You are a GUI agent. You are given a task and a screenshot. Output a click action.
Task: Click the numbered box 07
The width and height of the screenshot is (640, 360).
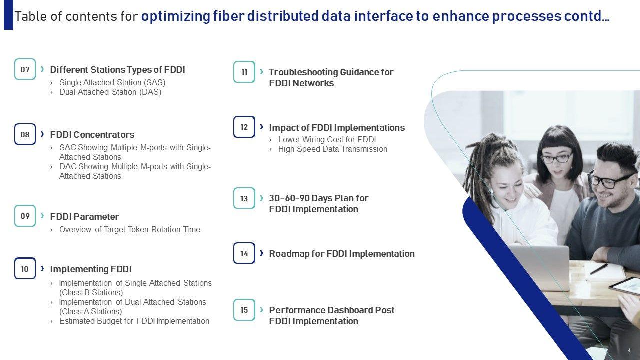(x=25, y=69)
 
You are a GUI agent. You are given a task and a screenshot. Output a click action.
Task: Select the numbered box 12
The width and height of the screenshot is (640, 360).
(x=244, y=127)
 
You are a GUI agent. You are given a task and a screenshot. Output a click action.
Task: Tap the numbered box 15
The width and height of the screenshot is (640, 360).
(x=244, y=310)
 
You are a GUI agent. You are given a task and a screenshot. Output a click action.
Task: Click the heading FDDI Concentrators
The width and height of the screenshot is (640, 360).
(x=92, y=135)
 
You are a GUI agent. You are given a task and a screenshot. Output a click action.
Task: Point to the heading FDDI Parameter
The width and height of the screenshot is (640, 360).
(x=84, y=217)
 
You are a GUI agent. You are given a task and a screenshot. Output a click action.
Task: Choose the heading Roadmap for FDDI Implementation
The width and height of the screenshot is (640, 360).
(x=342, y=253)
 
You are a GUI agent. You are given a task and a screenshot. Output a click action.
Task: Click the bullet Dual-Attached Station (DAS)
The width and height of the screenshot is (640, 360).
(x=110, y=92)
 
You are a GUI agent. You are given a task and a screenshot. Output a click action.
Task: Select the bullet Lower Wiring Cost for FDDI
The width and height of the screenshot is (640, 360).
(x=327, y=139)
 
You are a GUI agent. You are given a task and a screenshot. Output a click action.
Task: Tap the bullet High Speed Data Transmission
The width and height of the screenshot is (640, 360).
(x=333, y=149)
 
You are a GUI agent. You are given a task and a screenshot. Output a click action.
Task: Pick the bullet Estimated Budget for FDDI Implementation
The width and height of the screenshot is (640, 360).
(x=134, y=321)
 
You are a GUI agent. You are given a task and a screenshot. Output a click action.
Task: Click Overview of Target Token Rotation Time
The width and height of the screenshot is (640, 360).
(x=129, y=229)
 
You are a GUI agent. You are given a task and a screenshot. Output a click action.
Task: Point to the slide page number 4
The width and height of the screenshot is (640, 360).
(x=629, y=350)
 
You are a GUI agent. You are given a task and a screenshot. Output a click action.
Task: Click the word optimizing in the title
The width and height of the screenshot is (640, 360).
(x=175, y=16)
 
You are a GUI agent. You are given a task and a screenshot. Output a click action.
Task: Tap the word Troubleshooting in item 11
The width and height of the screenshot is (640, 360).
(x=303, y=72)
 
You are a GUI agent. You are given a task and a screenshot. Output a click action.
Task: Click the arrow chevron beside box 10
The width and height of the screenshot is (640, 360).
(x=42, y=269)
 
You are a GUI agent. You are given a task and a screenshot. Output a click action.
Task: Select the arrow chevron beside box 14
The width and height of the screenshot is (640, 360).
(x=261, y=253)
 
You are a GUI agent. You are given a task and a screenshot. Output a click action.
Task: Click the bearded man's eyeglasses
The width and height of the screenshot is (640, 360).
(x=609, y=179)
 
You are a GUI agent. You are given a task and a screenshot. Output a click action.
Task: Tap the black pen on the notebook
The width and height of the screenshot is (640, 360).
(x=599, y=269)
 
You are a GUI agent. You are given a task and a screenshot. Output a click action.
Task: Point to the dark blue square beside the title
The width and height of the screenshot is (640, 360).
(x=8, y=15)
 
